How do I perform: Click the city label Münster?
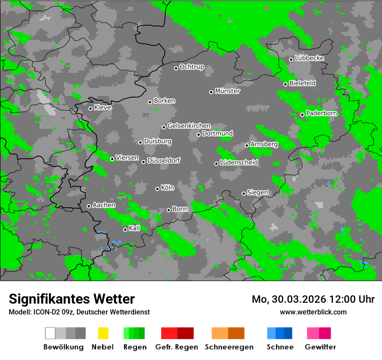(227, 91)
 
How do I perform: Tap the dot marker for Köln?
(157, 189)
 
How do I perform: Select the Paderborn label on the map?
(321, 114)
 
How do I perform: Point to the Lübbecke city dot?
(291, 59)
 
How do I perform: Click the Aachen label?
(104, 205)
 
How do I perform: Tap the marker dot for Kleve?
(90, 108)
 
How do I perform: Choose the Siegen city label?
(257, 193)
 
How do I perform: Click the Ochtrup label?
(192, 67)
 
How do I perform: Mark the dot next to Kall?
(125, 229)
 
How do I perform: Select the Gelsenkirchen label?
(189, 126)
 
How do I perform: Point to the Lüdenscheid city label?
(239, 163)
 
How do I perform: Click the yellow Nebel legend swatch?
(103, 333)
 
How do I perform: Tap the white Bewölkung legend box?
(50, 333)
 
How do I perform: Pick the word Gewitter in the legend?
(320, 347)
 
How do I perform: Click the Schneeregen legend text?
(229, 347)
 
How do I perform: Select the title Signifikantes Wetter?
(72, 299)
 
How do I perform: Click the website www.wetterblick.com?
(313, 312)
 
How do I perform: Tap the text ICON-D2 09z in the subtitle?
(51, 312)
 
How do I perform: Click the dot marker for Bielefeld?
(285, 84)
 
